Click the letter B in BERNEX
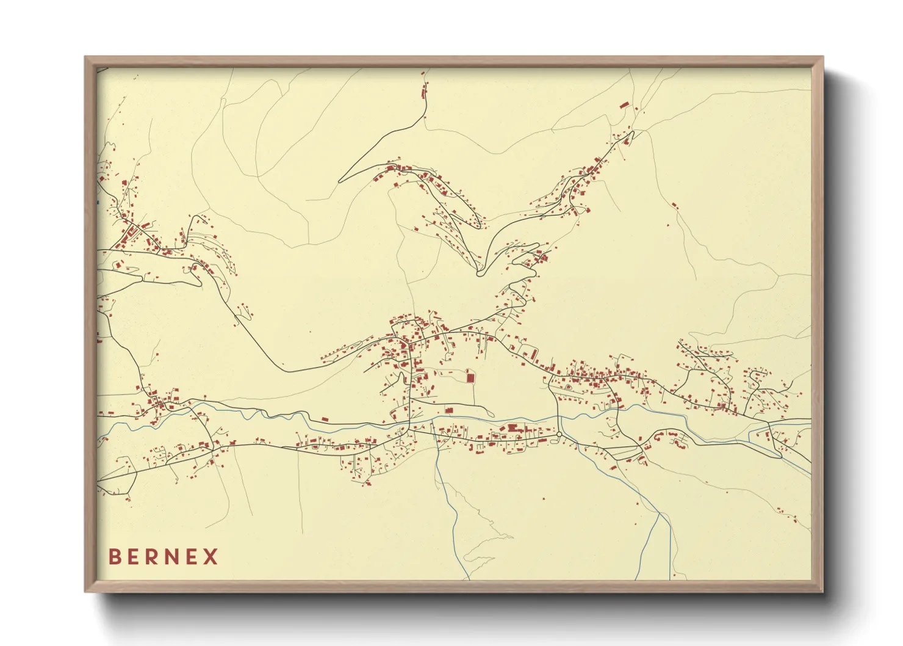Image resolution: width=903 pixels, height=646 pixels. coord(115,557)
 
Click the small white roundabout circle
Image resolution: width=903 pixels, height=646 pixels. coord(559,434)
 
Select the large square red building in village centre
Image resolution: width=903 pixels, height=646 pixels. coord(470,377)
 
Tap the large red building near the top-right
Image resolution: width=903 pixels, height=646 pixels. coord(624,105)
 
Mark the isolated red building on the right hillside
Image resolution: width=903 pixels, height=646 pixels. coord(674,205)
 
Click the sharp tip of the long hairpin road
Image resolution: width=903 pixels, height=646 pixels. coord(340,181)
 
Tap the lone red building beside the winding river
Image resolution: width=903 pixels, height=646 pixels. coord(325,419)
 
